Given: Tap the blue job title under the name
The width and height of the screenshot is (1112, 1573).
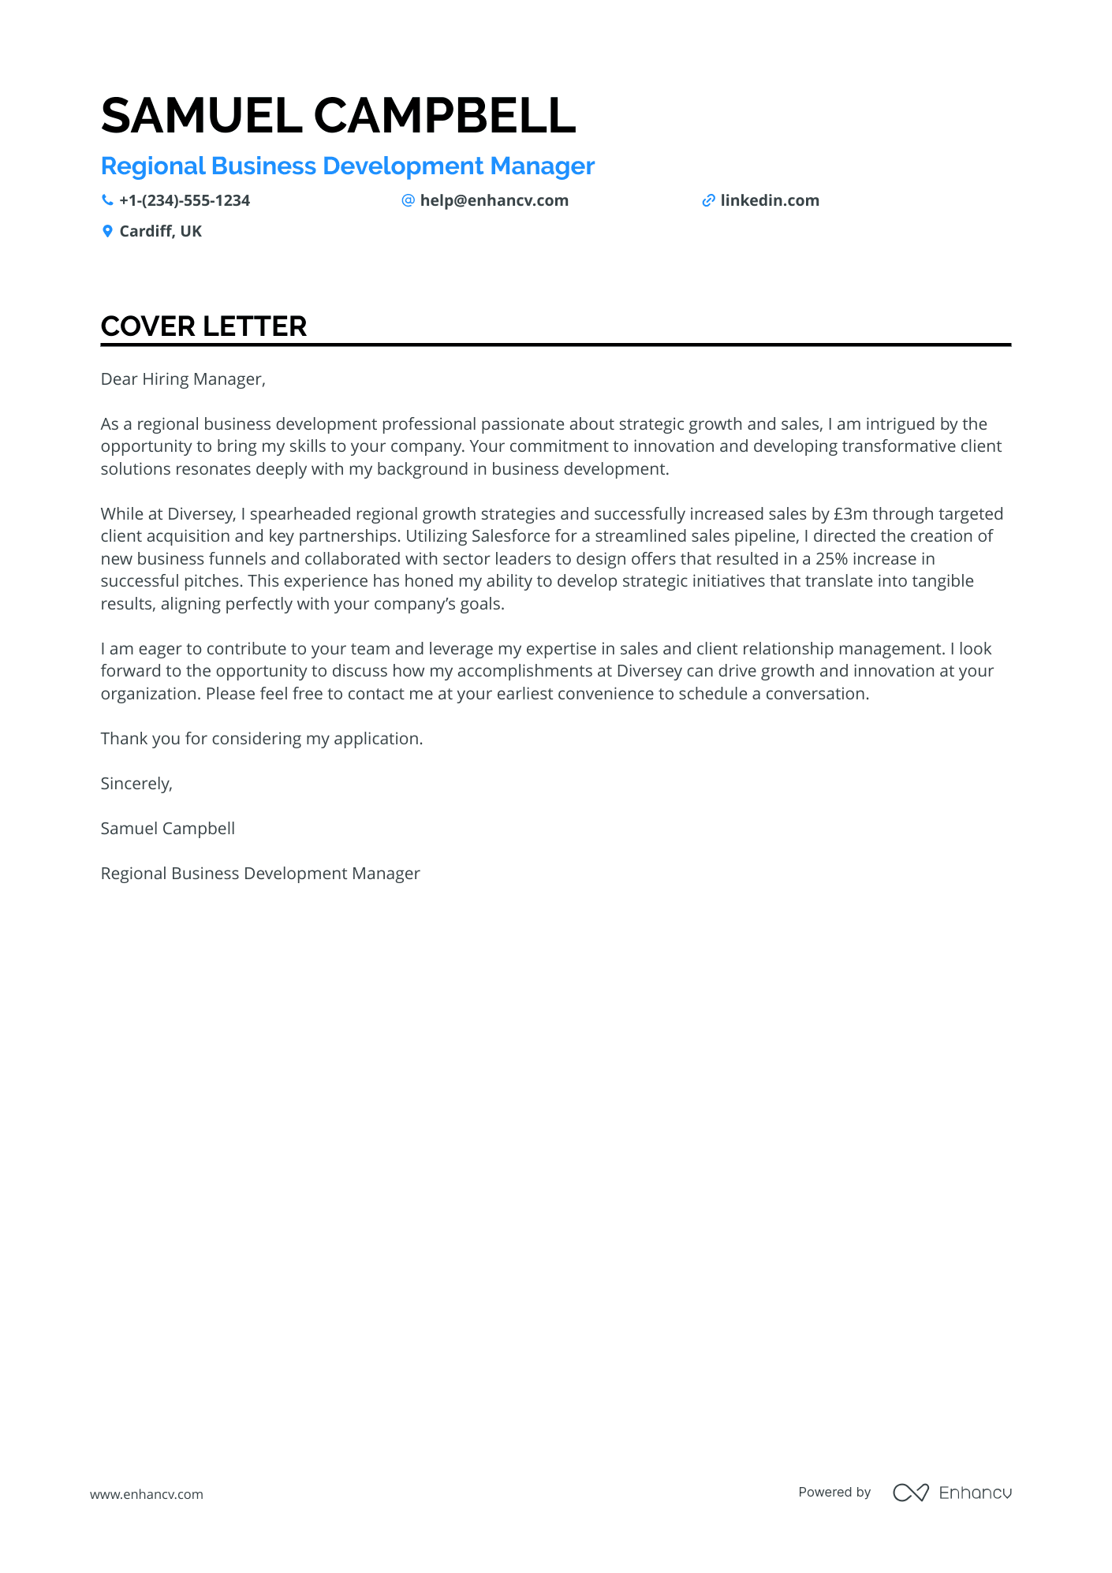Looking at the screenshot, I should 347,166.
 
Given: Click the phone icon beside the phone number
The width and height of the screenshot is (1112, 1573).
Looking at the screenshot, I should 107,200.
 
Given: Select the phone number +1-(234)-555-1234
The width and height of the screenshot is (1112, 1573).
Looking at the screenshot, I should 185,201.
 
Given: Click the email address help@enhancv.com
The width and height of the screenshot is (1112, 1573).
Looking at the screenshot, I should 494,201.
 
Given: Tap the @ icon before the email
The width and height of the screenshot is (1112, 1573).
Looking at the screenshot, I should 408,200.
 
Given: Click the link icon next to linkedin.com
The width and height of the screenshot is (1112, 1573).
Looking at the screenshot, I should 708,201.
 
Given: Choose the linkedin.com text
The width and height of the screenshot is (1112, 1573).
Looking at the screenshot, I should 770,201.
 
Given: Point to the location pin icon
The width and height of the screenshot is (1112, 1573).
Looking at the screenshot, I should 107,231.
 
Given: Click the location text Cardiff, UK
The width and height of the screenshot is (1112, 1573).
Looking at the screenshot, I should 161,232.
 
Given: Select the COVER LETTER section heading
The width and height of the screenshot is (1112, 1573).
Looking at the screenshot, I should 203,326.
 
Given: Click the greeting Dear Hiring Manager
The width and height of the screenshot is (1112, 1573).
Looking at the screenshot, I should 183,379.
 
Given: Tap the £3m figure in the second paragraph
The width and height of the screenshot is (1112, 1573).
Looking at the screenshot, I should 850,514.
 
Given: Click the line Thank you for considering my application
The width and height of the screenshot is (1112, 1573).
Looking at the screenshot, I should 262,739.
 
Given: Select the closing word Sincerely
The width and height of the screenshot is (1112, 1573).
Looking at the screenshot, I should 136,784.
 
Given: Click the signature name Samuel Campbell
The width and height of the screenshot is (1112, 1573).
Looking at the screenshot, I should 168,829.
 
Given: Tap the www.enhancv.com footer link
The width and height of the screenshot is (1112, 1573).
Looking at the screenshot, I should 147,1494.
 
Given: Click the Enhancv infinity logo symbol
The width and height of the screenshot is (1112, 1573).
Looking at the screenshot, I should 910,1493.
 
